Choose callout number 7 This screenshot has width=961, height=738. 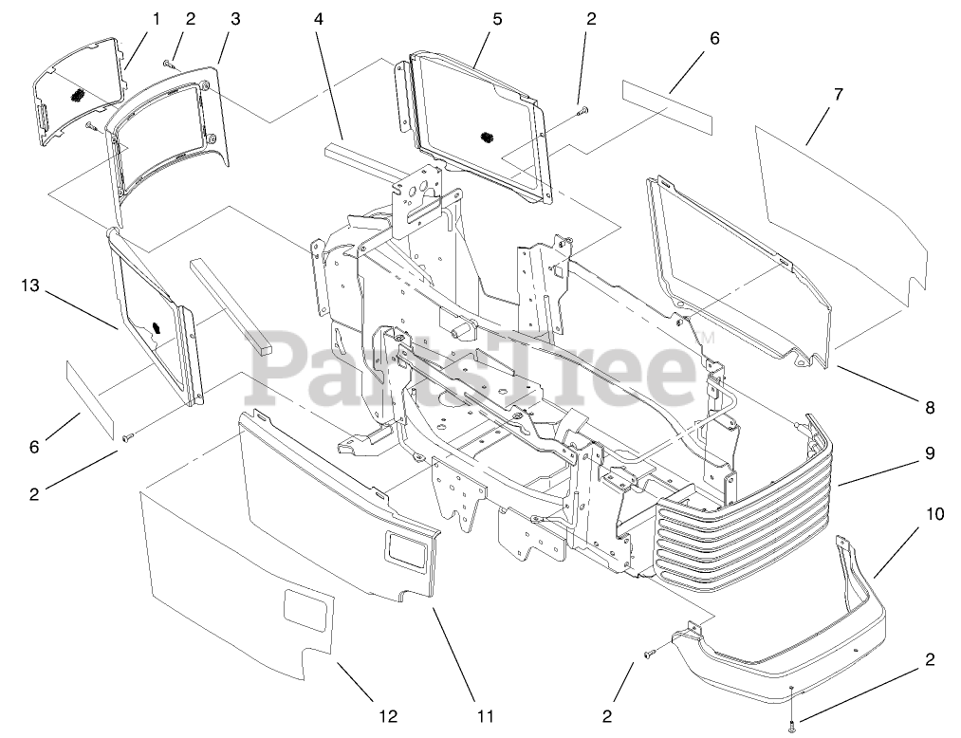pyautogui.click(x=838, y=95)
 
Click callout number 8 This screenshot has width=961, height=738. pyautogui.click(x=930, y=408)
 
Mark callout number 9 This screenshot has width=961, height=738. pyautogui.click(x=930, y=453)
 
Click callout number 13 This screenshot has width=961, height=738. pyautogui.click(x=29, y=285)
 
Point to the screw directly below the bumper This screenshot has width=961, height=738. pyautogui.click(x=792, y=727)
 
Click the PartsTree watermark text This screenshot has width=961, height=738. pyautogui.click(x=474, y=365)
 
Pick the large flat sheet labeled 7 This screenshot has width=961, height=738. pyautogui.click(x=835, y=209)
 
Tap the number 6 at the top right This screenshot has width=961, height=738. pyautogui.click(x=714, y=39)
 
